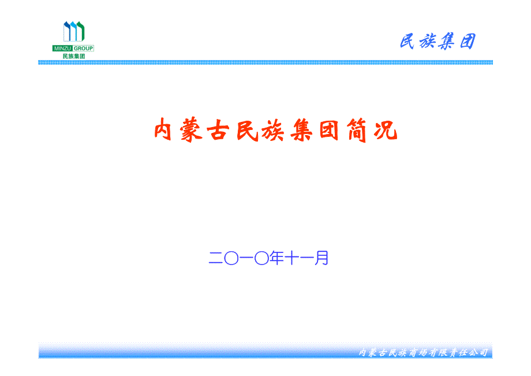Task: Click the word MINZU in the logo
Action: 62,49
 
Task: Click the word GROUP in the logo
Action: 83,49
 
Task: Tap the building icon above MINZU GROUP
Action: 74,31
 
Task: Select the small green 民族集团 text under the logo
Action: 73,56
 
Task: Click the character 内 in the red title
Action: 163,129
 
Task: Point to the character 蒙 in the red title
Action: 192,129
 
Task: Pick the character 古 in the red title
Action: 218,130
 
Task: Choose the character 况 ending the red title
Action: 386,130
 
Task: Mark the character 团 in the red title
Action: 329,130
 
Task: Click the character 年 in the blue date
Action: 276,258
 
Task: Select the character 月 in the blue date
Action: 321,258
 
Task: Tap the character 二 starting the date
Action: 216,258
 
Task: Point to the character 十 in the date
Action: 291,258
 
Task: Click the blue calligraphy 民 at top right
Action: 407,42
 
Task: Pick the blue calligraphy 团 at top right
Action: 468,42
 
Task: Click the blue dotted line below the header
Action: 265,62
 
